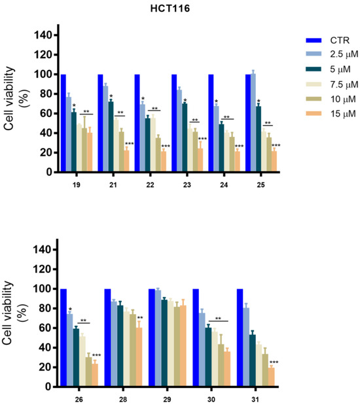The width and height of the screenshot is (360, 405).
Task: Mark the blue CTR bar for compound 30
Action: pyautogui.click(x=195, y=337)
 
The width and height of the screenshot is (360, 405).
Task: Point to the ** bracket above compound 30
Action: pyautogui.click(x=218, y=320)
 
